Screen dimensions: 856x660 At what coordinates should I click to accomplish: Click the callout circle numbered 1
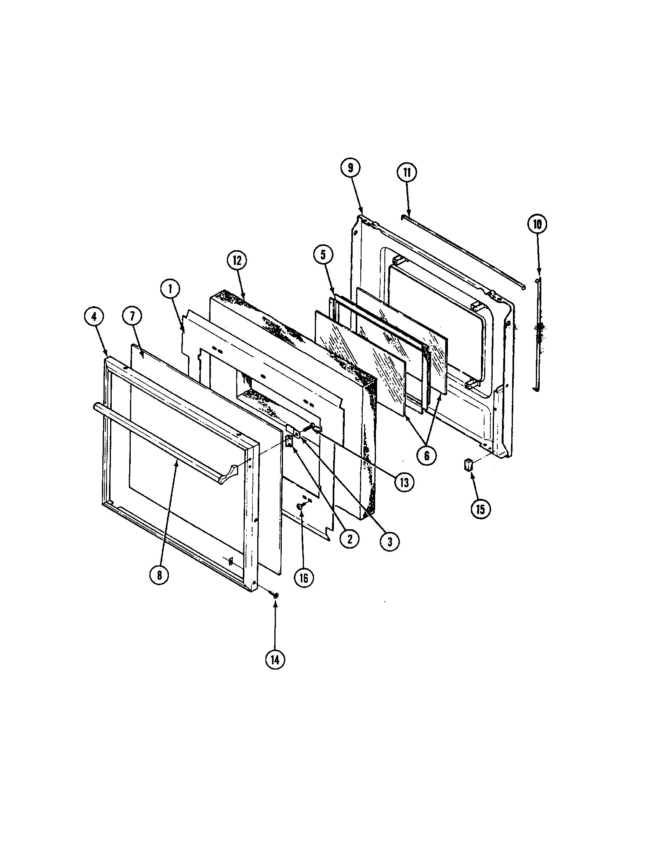coord(170,289)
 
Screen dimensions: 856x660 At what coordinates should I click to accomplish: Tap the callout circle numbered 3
coord(390,541)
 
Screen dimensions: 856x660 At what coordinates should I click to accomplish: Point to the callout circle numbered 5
coord(323,255)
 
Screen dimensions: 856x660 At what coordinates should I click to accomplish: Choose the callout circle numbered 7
coord(132,317)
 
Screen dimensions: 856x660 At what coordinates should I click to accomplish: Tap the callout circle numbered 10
coord(537,224)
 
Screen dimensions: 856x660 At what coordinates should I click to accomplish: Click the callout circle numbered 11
coord(407,173)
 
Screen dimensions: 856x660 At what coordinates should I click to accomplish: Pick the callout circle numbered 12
coord(237,261)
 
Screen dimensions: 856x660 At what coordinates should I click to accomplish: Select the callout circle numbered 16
coord(304,578)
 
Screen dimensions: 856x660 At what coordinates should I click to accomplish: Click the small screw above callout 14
coord(276,606)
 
